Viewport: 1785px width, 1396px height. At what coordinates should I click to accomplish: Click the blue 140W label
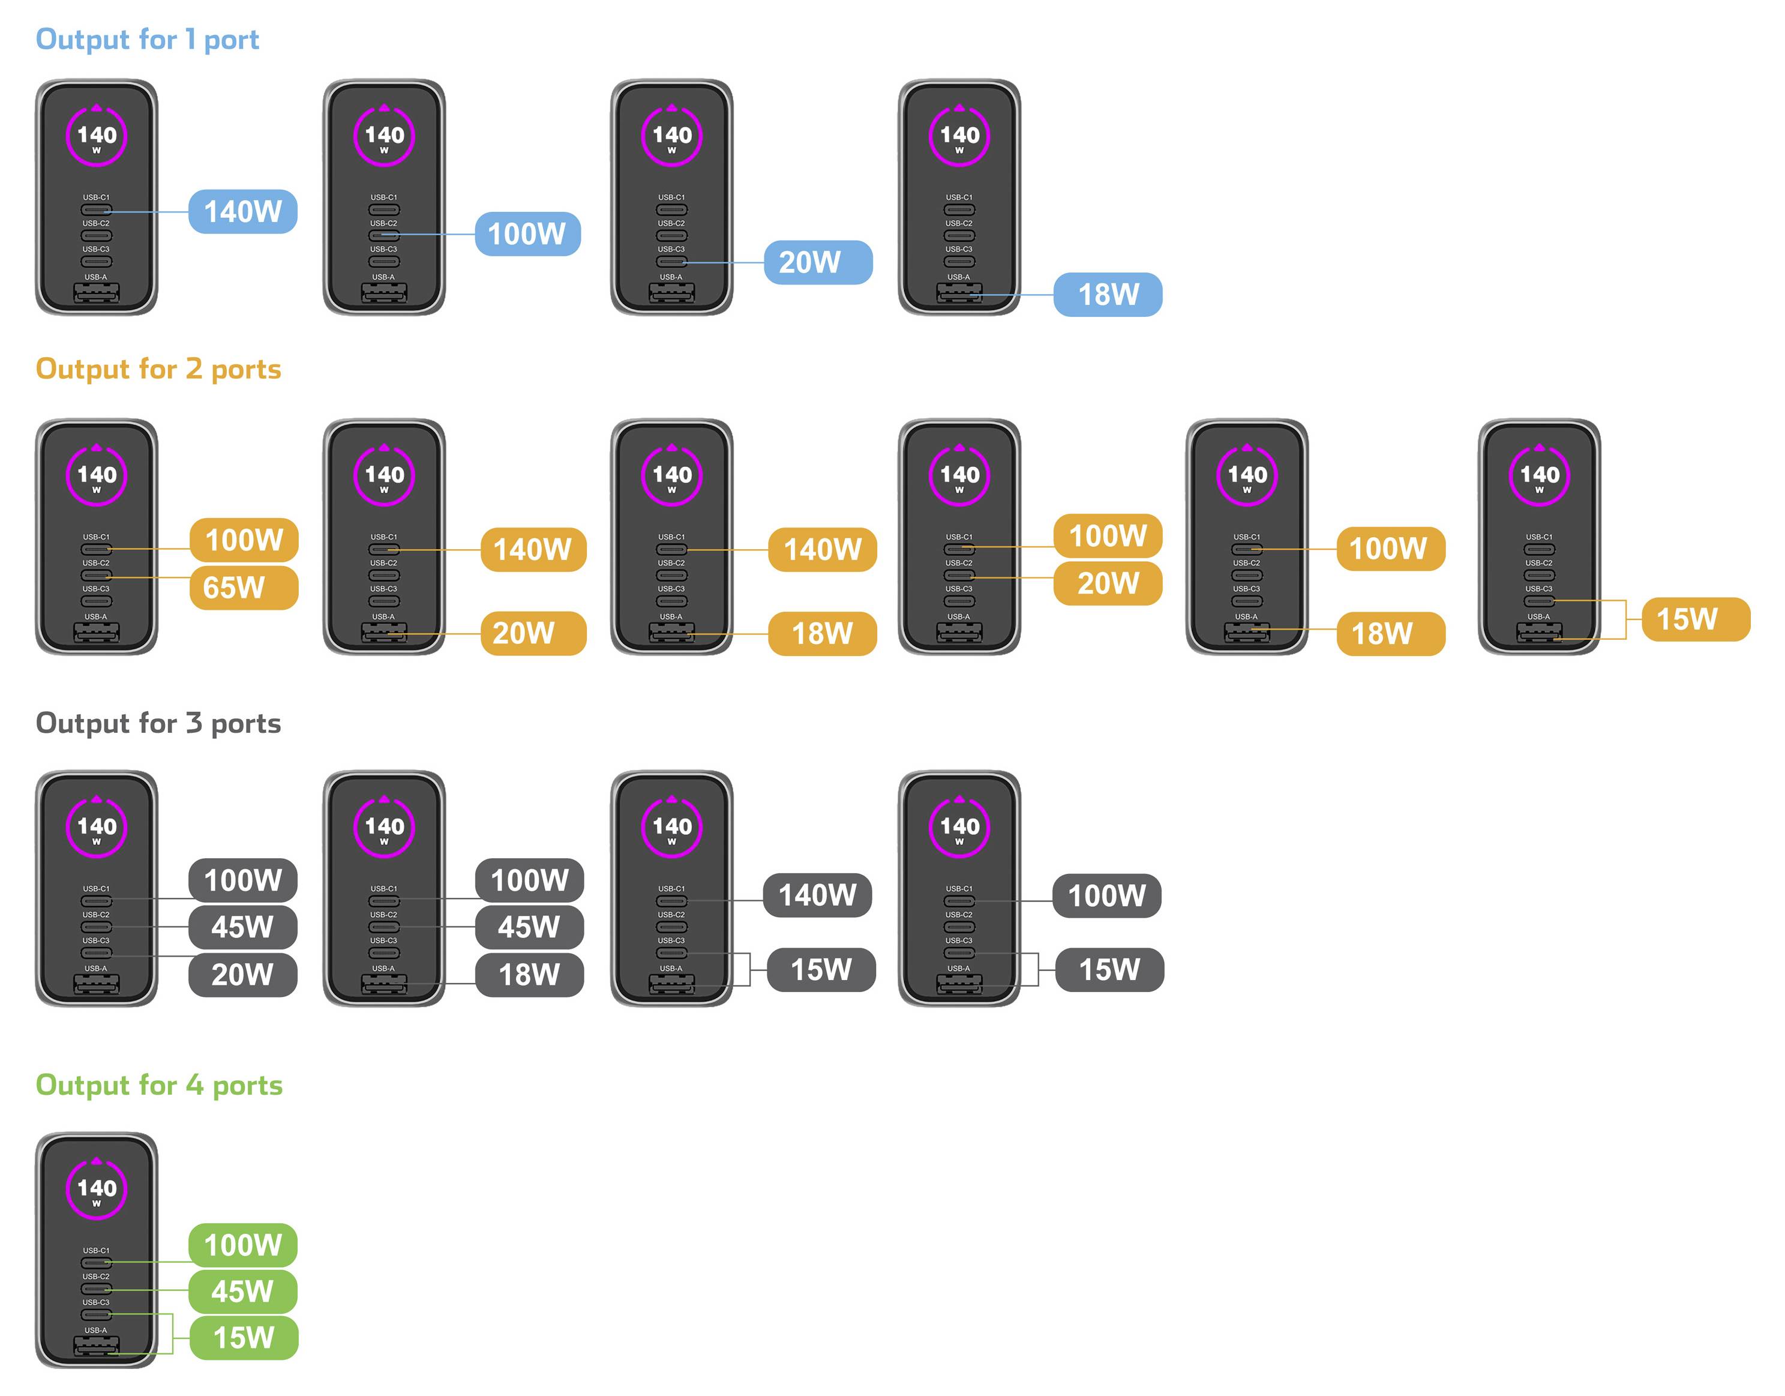point(243,212)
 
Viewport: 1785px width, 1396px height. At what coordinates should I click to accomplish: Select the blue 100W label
point(528,233)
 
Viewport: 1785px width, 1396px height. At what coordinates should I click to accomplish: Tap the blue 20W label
point(818,262)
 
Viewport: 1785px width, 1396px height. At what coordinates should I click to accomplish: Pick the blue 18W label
point(1108,294)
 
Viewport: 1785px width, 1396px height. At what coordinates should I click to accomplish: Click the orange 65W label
point(244,588)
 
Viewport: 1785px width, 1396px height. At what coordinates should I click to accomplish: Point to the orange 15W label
point(1696,619)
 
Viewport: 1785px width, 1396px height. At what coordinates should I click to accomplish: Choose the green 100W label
point(243,1245)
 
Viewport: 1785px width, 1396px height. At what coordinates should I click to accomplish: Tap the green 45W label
point(243,1292)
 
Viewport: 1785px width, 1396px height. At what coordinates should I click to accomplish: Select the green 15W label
point(244,1338)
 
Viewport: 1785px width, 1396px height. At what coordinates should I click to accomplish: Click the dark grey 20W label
point(243,974)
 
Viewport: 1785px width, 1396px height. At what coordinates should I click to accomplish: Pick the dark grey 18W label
point(530,974)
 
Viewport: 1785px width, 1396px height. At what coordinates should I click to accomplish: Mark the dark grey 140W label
point(817,895)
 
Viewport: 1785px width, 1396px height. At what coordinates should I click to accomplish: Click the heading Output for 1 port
point(147,39)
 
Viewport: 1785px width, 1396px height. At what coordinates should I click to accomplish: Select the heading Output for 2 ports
point(158,369)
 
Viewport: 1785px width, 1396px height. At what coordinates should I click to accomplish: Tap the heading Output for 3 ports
point(158,723)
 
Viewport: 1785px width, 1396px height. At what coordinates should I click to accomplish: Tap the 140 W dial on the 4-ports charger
point(97,1188)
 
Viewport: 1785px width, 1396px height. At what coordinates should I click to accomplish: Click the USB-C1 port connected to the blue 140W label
point(97,210)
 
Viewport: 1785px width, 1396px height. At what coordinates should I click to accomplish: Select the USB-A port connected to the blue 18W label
point(959,293)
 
